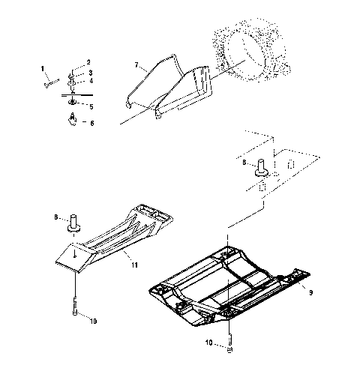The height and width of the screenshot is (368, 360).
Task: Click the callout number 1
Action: tap(43, 70)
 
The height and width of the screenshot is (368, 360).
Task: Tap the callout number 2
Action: tap(88, 61)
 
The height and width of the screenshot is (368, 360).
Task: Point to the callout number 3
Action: tap(91, 73)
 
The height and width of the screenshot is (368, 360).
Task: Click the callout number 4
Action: tap(91, 81)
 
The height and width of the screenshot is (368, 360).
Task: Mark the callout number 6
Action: tap(92, 122)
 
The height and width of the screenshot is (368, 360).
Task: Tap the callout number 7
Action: tap(136, 67)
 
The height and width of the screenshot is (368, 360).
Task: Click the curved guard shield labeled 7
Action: tap(169, 86)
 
